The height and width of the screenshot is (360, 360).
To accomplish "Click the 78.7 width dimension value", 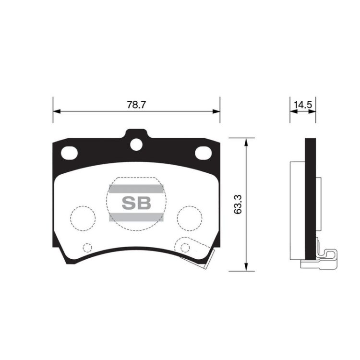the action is click(x=136, y=105).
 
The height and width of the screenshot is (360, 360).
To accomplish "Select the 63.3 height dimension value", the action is click(x=238, y=204).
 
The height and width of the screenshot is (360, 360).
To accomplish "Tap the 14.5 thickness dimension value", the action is click(x=303, y=105).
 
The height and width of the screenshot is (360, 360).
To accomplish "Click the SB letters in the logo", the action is click(x=136, y=203).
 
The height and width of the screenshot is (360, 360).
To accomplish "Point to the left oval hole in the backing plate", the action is click(x=69, y=153).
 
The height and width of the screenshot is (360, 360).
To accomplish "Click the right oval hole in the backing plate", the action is click(x=203, y=153).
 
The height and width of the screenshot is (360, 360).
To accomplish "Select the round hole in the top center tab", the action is click(x=136, y=144).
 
